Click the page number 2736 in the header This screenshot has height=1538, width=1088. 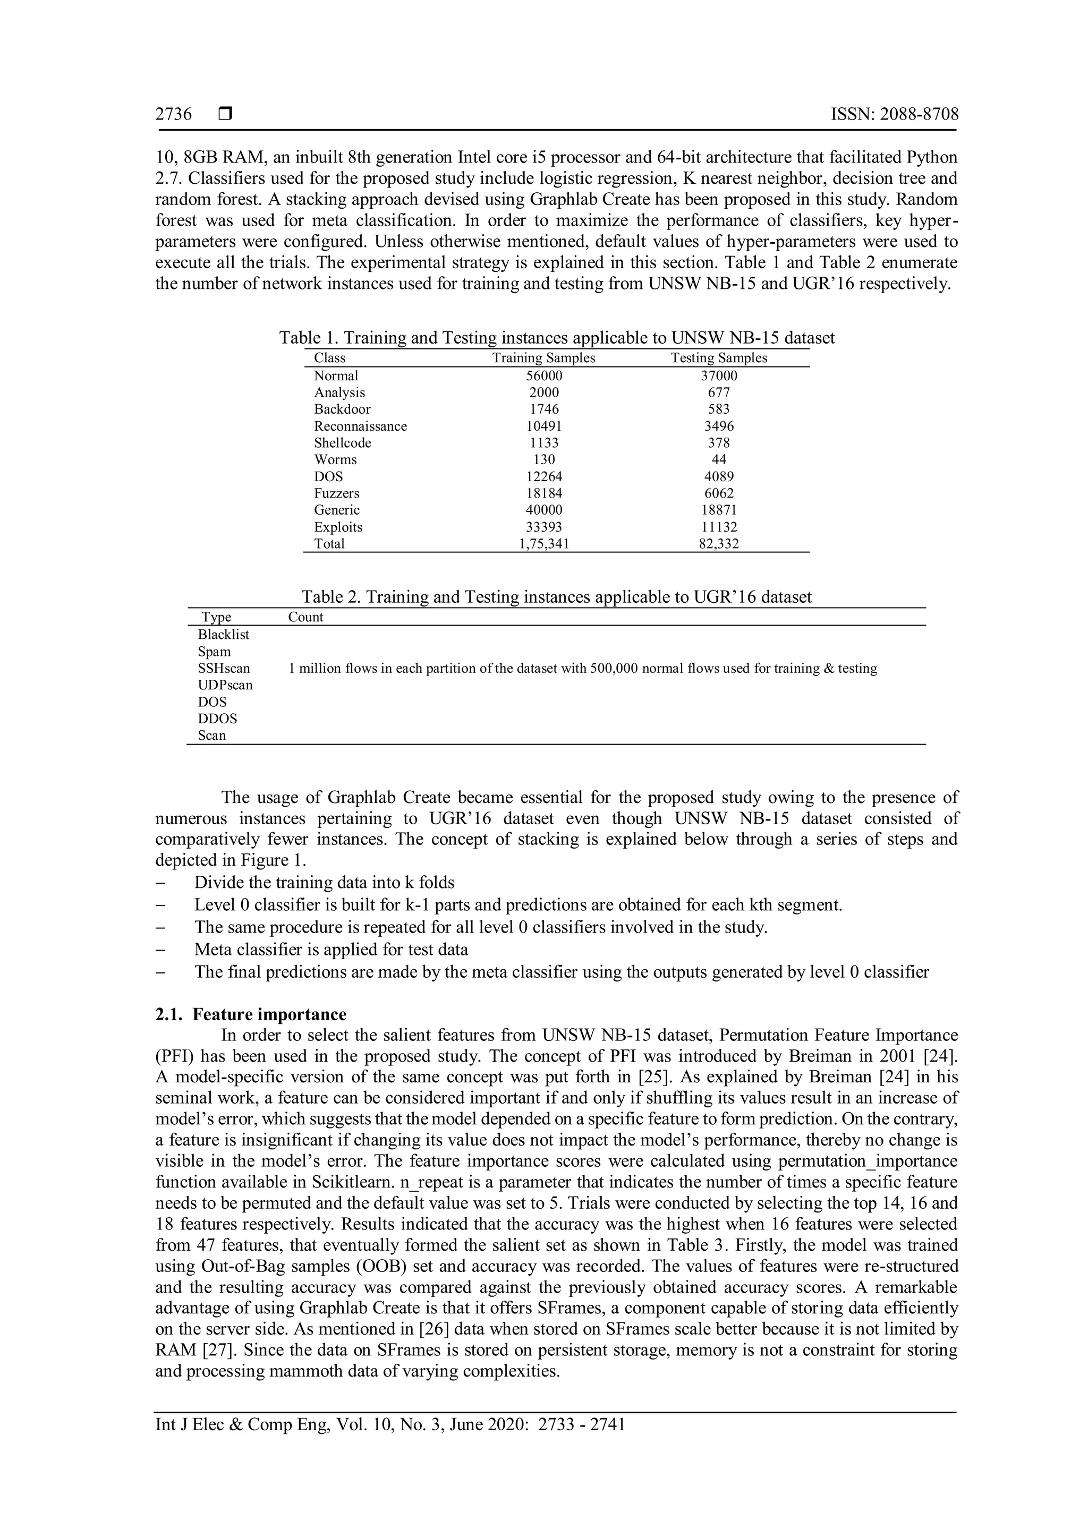tap(174, 114)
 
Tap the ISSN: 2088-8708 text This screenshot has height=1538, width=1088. tap(895, 114)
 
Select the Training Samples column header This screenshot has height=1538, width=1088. tap(543, 358)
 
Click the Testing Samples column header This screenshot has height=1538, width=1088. tap(719, 358)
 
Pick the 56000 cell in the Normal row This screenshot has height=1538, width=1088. tap(543, 376)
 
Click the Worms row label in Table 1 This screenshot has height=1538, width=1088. tap(335, 459)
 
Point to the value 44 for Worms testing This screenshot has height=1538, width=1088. tap(719, 459)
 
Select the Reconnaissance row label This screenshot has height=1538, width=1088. tap(360, 426)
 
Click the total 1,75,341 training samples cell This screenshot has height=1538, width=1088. tap(543, 544)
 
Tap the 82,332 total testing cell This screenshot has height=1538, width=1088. tap(719, 544)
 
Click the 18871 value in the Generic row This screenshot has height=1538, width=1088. tap(719, 510)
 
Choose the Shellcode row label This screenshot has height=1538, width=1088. tap(342, 443)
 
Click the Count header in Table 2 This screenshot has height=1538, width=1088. tap(305, 617)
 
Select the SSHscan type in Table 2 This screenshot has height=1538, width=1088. tap(224, 669)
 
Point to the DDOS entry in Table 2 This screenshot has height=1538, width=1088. tap(217, 719)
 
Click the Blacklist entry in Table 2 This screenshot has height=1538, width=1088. tap(223, 634)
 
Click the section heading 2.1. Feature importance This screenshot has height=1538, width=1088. tap(251, 1014)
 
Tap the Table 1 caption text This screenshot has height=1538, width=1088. tap(557, 338)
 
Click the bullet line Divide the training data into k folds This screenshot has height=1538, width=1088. tap(324, 883)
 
